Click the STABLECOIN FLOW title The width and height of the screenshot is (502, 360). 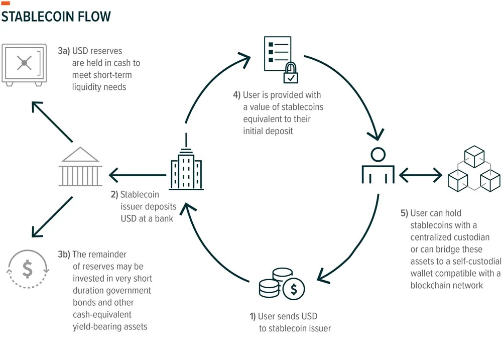click(x=56, y=17)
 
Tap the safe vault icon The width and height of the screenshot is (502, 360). click(x=24, y=64)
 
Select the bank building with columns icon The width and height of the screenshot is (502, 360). click(x=80, y=167)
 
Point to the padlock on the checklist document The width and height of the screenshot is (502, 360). click(x=291, y=73)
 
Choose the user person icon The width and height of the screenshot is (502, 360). click(x=378, y=166)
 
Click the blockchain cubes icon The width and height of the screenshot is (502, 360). click(x=474, y=169)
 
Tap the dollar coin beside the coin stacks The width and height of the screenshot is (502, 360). click(x=294, y=289)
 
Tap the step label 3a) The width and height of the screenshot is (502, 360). click(x=64, y=51)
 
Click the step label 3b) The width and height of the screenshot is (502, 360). click(x=64, y=254)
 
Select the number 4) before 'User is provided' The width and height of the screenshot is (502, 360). click(x=236, y=95)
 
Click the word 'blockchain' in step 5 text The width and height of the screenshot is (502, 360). click(x=434, y=285)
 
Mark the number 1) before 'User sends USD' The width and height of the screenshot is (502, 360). click(x=253, y=316)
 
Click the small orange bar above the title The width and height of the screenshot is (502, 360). click(x=6, y=4)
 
